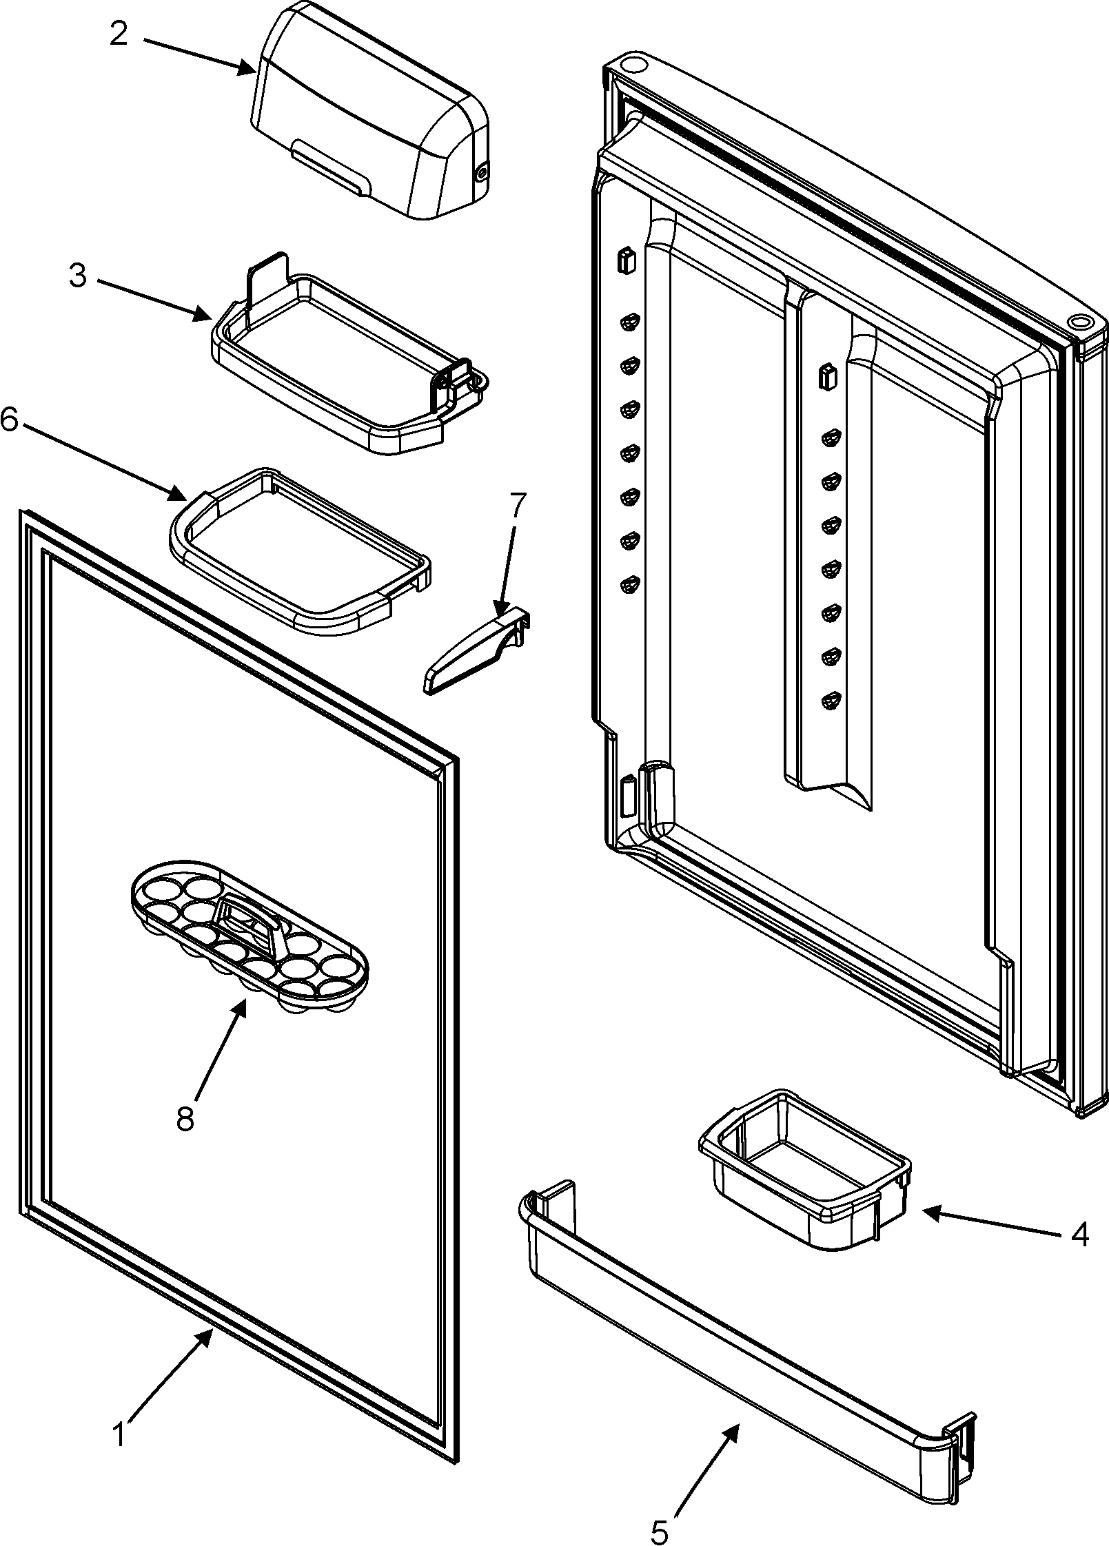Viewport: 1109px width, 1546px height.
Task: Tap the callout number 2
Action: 119,34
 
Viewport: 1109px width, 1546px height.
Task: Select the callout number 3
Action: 79,276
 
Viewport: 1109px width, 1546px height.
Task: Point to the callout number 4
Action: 1079,1234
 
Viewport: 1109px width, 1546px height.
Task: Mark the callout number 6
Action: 10,420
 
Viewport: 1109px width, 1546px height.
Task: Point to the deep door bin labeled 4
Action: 803,1171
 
